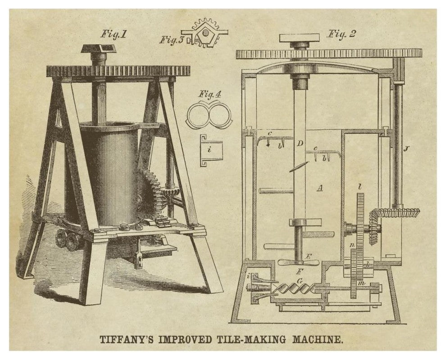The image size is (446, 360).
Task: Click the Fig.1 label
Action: pyautogui.click(x=113, y=35)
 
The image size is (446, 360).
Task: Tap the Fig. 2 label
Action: pyautogui.click(x=341, y=34)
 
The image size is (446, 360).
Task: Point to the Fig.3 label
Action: pyautogui.click(x=172, y=40)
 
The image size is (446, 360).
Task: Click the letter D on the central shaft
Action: pyautogui.click(x=300, y=143)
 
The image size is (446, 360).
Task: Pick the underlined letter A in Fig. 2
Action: pyautogui.click(x=320, y=188)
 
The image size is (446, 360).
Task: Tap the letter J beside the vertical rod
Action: pyautogui.click(x=405, y=148)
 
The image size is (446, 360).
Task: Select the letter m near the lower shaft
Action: pyautogui.click(x=361, y=283)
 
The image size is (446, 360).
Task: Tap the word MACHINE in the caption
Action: pyautogui.click(x=317, y=340)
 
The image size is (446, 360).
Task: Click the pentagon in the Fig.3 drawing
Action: pyautogui.click(x=204, y=33)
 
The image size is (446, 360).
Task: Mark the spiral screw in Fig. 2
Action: pyautogui.click(x=294, y=289)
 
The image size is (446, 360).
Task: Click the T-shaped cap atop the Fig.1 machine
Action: pyautogui.click(x=99, y=49)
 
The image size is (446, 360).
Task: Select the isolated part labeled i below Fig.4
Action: pyautogui.click(x=210, y=150)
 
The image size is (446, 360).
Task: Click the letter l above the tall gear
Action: pyautogui.click(x=360, y=187)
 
